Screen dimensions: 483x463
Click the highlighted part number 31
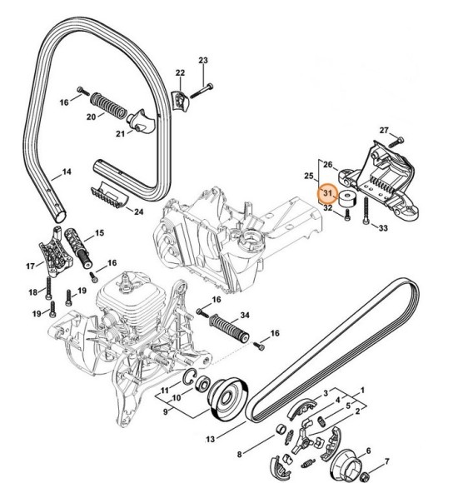[328, 194]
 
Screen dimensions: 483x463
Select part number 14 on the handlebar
[67, 174]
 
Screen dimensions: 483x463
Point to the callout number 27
[384, 131]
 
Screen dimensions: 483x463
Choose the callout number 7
[239, 454]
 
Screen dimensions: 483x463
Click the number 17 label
[30, 266]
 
